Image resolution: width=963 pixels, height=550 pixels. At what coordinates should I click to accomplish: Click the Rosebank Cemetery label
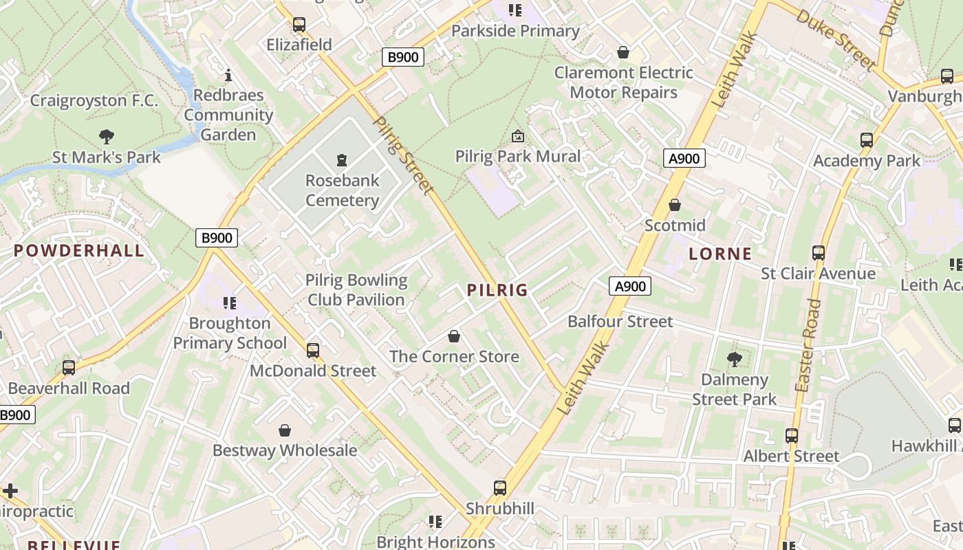pos(342,190)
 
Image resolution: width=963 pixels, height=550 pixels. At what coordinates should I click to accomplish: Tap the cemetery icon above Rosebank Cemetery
pos(342,161)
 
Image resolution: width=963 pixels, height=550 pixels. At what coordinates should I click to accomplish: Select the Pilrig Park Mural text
pos(518,156)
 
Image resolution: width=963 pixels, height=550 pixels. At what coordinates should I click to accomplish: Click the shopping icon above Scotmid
pos(675,205)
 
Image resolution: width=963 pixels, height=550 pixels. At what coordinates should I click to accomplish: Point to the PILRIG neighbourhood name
pos(497,290)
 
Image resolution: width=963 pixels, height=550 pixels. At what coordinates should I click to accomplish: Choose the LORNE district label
pos(720,254)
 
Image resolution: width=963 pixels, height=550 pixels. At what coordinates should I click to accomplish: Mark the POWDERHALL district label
pos(79,250)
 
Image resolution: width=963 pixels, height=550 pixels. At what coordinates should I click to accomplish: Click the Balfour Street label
pos(620,321)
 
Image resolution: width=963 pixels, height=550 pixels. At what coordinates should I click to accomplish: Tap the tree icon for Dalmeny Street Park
pos(734,359)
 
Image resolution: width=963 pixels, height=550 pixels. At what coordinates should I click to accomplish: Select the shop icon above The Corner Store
pos(454,336)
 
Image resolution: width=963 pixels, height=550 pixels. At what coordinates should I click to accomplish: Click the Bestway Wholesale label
pos(285,450)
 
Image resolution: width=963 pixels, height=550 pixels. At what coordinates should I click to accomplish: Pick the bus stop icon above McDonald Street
pos(313,351)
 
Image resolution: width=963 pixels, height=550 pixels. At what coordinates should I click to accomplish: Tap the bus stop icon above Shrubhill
pos(500,488)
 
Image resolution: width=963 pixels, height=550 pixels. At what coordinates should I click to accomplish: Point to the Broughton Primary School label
pos(230,333)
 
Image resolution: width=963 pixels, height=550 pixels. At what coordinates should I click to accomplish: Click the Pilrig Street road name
pos(404,155)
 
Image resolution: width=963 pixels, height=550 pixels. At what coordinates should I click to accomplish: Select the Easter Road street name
pos(808,345)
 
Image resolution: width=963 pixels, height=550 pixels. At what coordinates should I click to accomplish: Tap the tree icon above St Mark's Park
pos(107,137)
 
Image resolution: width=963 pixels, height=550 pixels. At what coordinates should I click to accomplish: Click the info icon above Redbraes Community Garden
pos(229,75)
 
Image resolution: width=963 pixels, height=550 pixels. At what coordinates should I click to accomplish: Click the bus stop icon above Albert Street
pos(792,435)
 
